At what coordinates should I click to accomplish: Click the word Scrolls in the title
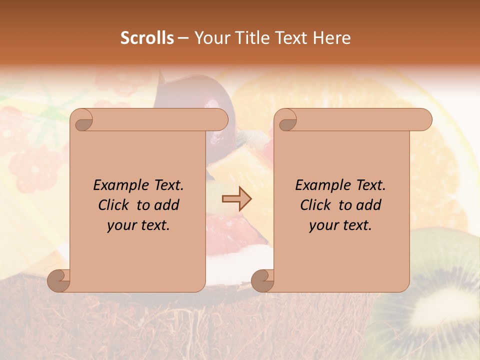(147, 38)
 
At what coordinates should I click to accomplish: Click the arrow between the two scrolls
(237, 198)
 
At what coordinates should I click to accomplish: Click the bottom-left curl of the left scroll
(58, 281)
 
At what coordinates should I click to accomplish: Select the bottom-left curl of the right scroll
(262, 281)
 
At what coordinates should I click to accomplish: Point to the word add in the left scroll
(167, 205)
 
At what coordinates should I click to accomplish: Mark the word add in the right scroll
(369, 205)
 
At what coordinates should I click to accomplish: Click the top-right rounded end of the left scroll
(218, 119)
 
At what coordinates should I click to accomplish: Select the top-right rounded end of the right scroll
(422, 119)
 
